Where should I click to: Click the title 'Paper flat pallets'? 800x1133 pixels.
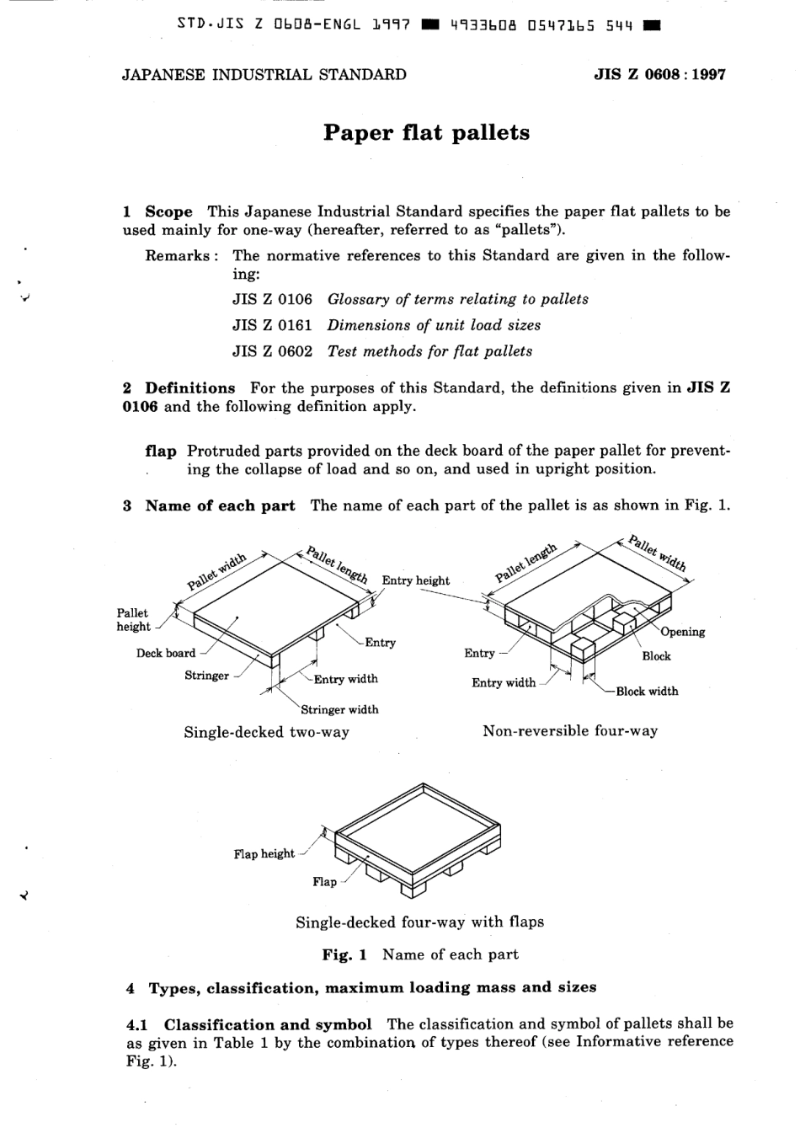426,133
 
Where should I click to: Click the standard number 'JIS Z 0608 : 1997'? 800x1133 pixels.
659,74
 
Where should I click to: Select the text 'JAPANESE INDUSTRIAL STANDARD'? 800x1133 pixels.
264,74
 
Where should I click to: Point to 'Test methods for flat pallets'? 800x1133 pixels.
429,351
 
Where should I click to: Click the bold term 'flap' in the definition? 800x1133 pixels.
161,452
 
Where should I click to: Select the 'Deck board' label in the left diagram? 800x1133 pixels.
166,653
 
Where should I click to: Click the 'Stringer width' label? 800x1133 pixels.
339,709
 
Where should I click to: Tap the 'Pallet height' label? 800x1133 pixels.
132,620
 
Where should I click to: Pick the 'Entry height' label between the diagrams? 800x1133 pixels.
416,580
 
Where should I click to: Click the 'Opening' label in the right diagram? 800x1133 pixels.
683,632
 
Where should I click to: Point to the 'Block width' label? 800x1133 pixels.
647,692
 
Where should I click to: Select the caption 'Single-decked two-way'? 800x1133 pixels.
266,732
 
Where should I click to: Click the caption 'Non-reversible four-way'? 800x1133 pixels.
570,731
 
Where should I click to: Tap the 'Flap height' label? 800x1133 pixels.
264,854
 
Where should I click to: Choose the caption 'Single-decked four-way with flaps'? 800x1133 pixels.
419,922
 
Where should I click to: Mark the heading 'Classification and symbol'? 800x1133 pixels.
267,1024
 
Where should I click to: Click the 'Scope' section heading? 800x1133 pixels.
168,211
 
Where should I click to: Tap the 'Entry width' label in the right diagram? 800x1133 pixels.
504,682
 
